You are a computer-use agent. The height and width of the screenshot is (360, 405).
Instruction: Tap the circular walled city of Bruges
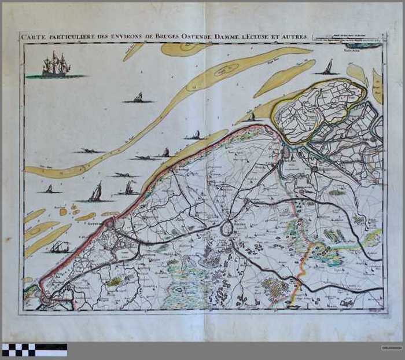click(x=226, y=229)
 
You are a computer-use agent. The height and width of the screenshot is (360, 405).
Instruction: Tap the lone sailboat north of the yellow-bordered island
click(x=328, y=68)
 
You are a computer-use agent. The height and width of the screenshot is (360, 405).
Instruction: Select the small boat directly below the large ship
click(x=138, y=98)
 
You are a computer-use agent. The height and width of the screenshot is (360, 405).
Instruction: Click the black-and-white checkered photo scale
click(x=34, y=350)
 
